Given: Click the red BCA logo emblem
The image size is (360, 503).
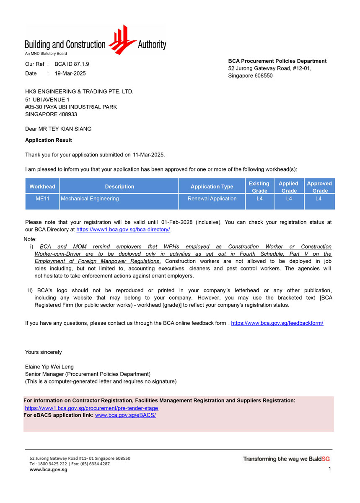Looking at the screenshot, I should pos(122,39).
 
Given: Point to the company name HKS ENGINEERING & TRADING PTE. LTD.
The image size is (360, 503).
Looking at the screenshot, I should pos(79,91).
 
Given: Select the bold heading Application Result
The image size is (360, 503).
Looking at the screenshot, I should pos(48,140).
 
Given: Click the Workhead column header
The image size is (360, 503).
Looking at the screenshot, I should pos(42,187).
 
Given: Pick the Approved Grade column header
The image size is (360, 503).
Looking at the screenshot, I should pos(319,187).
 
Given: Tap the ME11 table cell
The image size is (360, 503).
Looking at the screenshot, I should pos(42,199).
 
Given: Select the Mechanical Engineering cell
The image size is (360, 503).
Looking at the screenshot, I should pos(90,199).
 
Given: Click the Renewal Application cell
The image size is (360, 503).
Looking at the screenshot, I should pos(212,199).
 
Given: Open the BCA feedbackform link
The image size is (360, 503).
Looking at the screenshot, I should pos(277,323).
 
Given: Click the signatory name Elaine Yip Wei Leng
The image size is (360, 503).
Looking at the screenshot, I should pos(49,367).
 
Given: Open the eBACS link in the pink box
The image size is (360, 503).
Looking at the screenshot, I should pos(125,415).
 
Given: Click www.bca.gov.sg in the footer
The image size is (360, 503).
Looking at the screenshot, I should pos(48,470).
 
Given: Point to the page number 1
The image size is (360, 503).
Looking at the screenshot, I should pos(330,469).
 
